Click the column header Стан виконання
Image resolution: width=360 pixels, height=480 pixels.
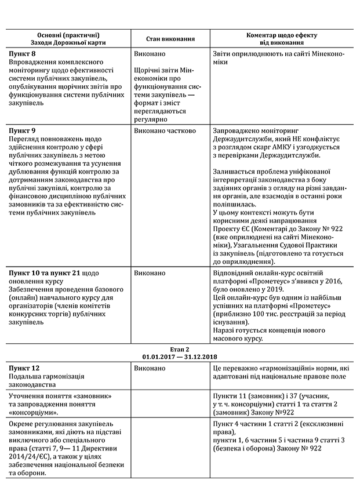[x=170, y=39]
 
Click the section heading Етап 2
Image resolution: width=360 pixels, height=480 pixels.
[x=179, y=348]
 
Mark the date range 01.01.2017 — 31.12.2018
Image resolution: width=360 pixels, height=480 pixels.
[x=179, y=356]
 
